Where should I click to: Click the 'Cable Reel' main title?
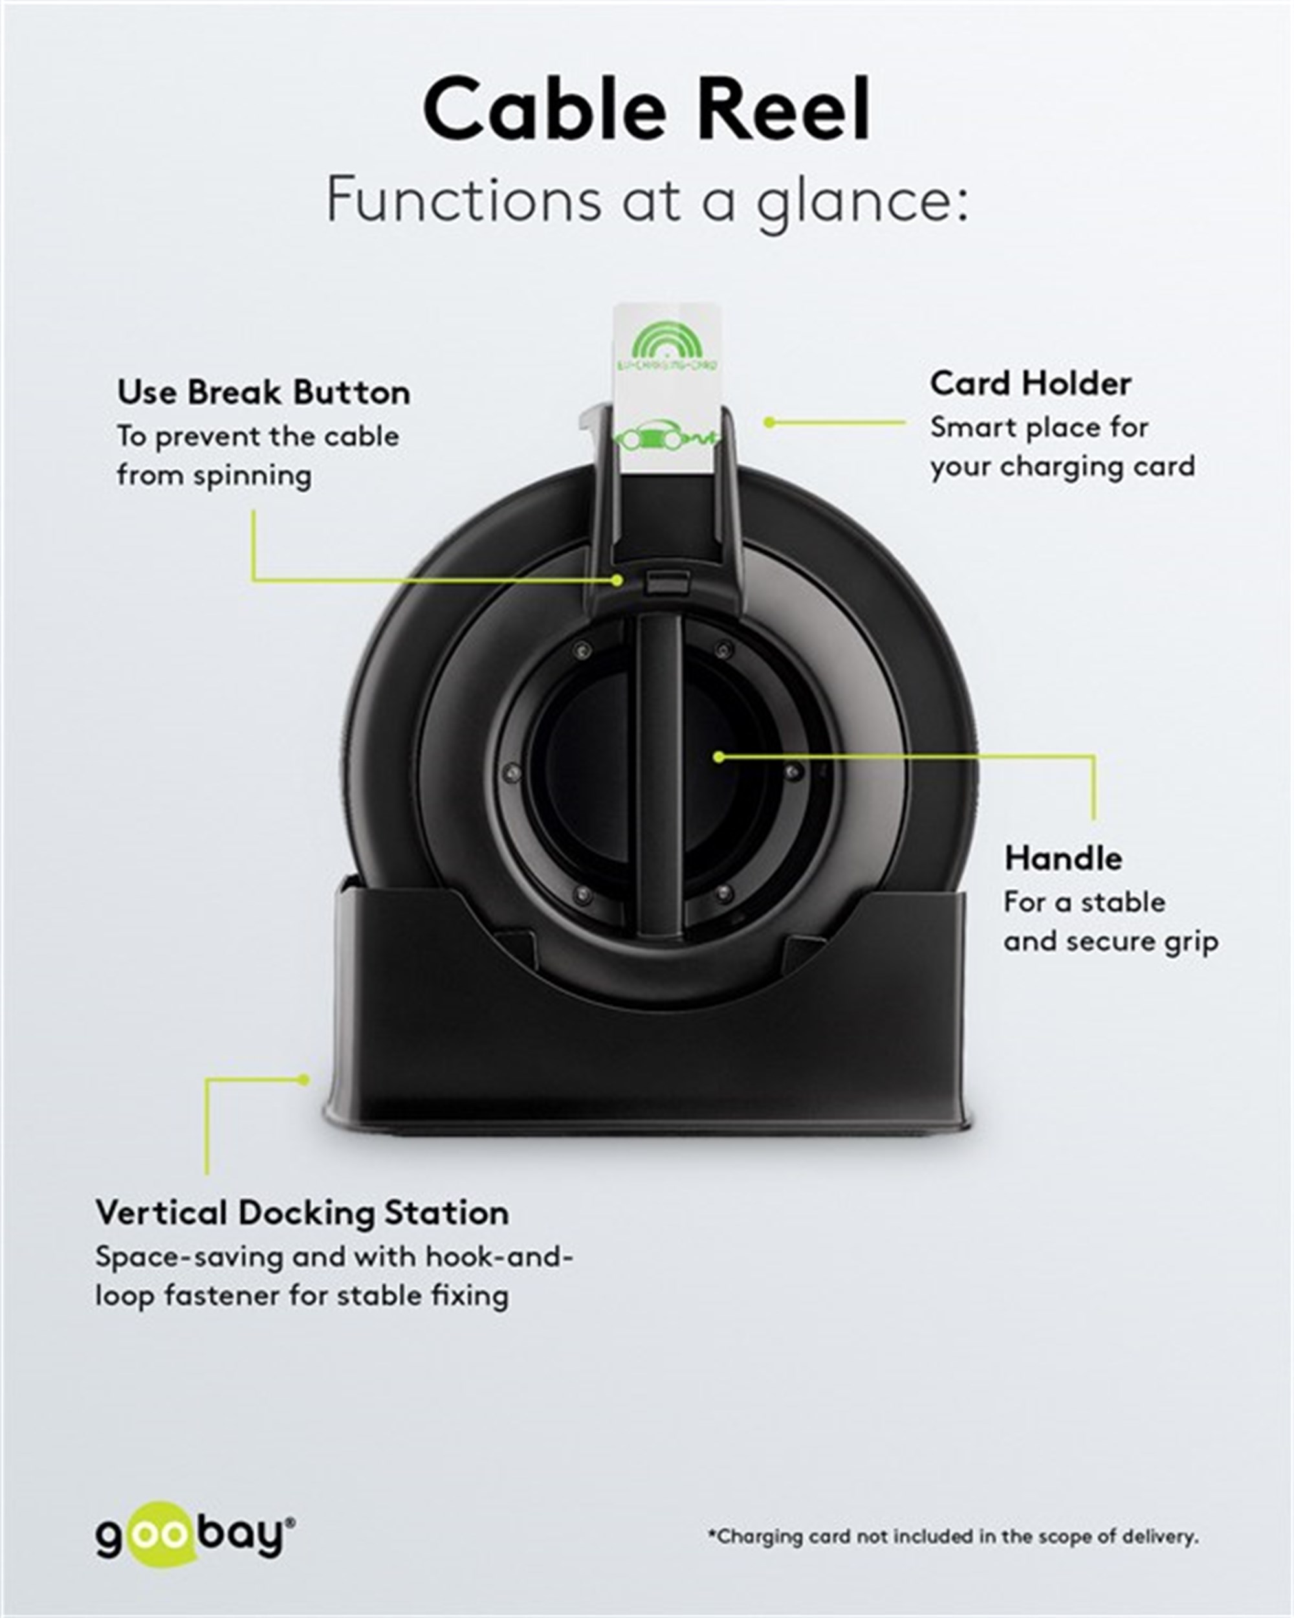click(x=646, y=109)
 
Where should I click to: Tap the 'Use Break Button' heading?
click(x=264, y=392)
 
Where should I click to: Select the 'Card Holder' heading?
click(x=1031, y=384)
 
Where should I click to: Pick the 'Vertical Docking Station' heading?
click(x=302, y=1213)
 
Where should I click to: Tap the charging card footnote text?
click(x=952, y=1537)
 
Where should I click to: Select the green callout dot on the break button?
click(x=617, y=580)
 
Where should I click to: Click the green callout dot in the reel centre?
click(x=719, y=757)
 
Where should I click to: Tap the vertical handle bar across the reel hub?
click(x=659, y=773)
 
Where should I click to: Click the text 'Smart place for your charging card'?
click(x=1062, y=447)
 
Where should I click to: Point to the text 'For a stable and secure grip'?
click(x=1111, y=922)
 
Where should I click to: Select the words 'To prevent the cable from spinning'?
click(x=258, y=456)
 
